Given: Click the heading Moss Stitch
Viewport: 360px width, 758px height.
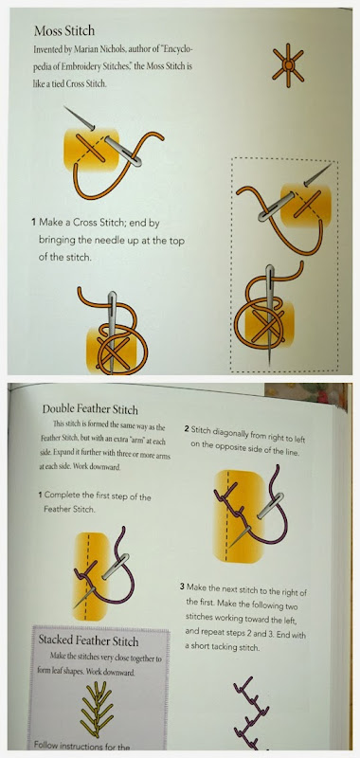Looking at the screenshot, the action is pyautogui.click(x=64, y=31).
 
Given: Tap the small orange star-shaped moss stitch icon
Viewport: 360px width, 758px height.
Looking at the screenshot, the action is pyautogui.click(x=288, y=64).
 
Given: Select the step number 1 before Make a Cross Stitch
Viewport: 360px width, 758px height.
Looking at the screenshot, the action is pyautogui.click(x=34, y=224).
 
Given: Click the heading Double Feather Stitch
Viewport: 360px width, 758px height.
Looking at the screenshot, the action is pyautogui.click(x=90, y=409).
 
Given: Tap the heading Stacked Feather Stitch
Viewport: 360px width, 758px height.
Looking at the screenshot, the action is pyautogui.click(x=88, y=641).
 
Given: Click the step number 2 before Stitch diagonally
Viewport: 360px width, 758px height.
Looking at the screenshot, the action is pyautogui.click(x=187, y=429).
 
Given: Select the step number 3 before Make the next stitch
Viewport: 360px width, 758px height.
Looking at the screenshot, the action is pyautogui.click(x=182, y=587).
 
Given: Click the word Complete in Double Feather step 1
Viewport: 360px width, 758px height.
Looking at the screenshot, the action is pyautogui.click(x=64, y=496).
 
